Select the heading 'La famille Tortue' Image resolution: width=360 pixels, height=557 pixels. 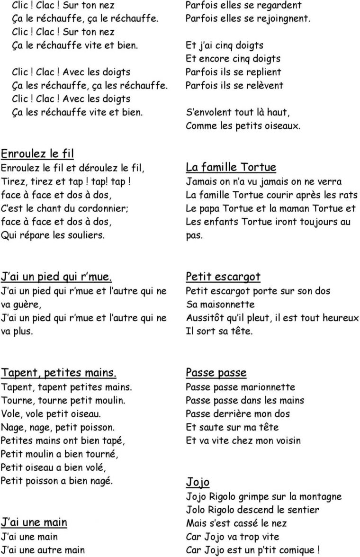pyautogui.click(x=231, y=167)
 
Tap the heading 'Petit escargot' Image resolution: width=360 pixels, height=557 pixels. pyautogui.click(x=223, y=277)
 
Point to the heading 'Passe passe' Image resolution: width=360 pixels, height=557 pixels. pyautogui.click(x=216, y=372)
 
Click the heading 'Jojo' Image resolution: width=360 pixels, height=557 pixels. pyautogui.click(x=198, y=482)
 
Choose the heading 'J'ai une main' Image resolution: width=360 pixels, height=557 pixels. pyautogui.click(x=34, y=522)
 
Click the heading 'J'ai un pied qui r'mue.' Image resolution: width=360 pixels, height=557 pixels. pyautogui.click(x=57, y=277)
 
